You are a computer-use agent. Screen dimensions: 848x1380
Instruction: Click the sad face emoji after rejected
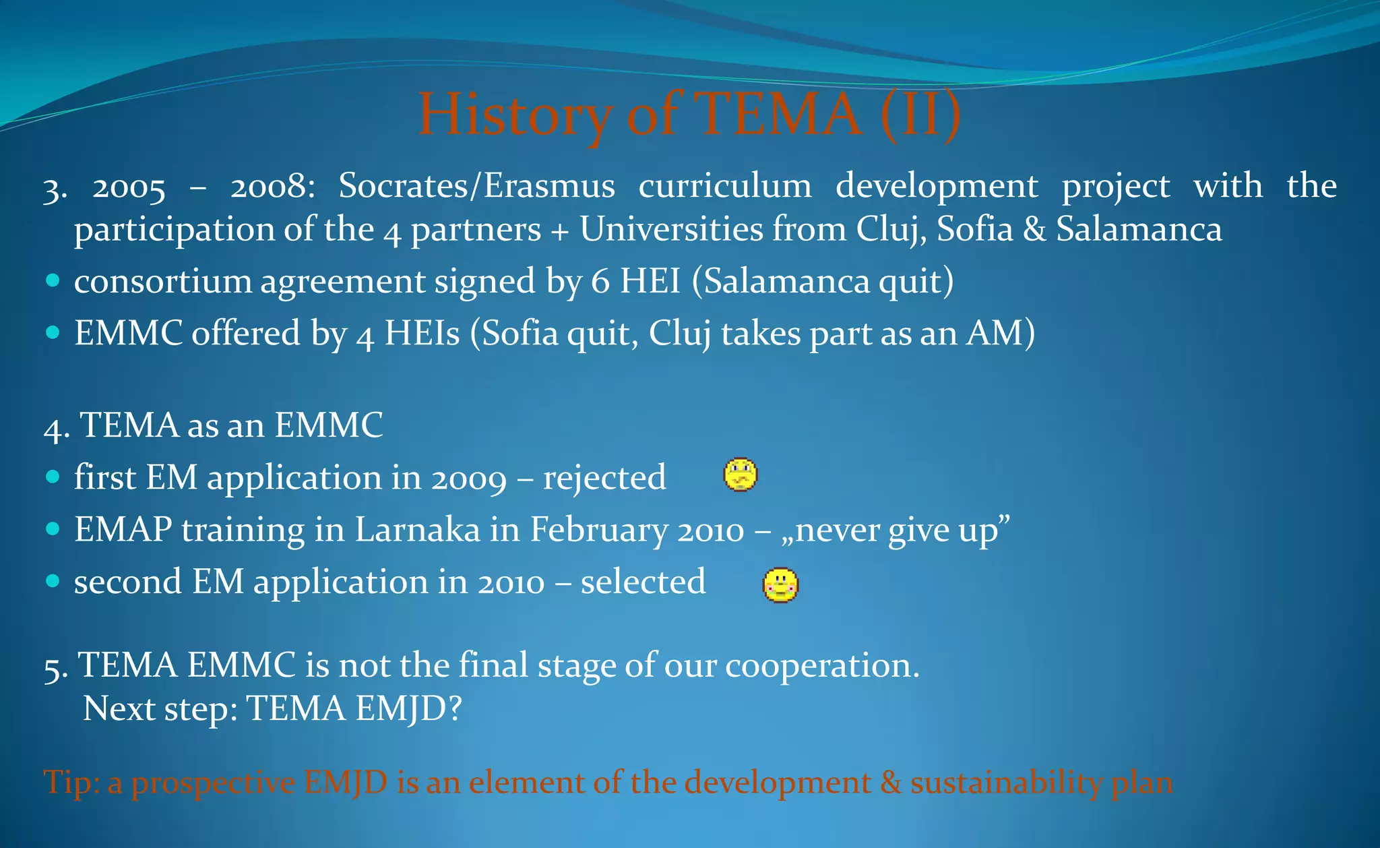(740, 475)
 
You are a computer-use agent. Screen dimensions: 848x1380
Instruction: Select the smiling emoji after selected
(780, 584)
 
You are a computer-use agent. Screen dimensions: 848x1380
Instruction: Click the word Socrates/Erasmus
(476, 186)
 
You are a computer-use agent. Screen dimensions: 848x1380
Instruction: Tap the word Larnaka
(417, 529)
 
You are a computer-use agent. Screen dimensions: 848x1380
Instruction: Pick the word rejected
(604, 478)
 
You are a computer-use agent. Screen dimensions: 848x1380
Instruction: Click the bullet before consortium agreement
(53, 280)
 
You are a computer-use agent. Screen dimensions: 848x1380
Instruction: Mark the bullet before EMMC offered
(53, 332)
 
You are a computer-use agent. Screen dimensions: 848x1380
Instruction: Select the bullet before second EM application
(53, 581)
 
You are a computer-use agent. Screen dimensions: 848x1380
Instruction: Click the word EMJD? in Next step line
(408, 708)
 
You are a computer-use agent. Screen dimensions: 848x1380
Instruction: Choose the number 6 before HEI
(600, 282)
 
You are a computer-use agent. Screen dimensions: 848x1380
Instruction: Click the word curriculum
(725, 186)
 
